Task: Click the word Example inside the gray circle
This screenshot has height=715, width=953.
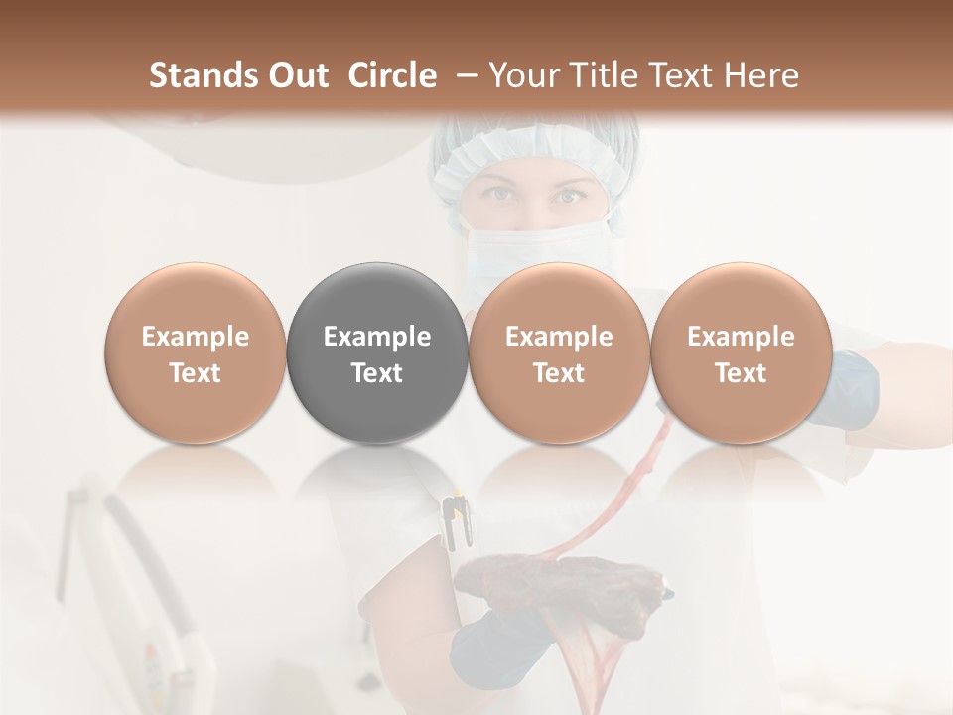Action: [x=377, y=337]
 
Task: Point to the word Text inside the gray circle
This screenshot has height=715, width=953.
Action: [x=377, y=373]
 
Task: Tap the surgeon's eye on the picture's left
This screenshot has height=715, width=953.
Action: [x=503, y=195]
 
